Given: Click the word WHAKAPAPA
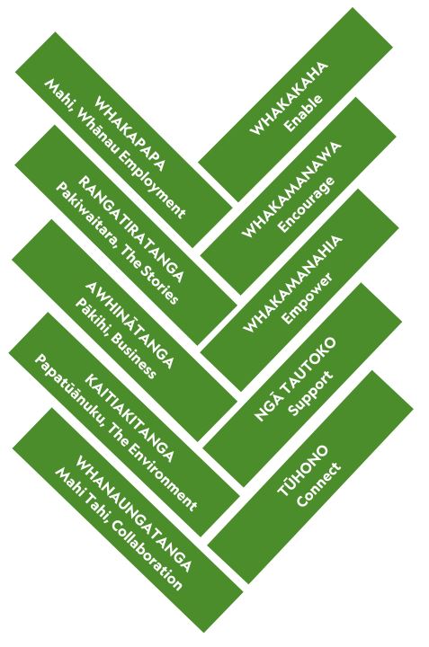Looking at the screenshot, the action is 130,133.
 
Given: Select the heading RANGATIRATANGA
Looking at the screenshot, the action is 131,228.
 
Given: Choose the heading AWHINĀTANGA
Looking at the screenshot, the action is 130,325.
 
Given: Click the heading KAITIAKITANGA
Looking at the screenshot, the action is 130,418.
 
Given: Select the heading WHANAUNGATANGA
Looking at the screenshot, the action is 134,514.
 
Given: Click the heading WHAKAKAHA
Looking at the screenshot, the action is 289,98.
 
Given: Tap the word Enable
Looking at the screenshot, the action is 304,113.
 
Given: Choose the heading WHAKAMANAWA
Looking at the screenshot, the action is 291,191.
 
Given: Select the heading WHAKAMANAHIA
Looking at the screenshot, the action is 292,284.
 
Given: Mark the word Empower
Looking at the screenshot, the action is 308,298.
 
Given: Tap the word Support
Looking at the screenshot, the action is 310,394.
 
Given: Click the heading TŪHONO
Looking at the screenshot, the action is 303,470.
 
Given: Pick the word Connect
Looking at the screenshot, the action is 318,484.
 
